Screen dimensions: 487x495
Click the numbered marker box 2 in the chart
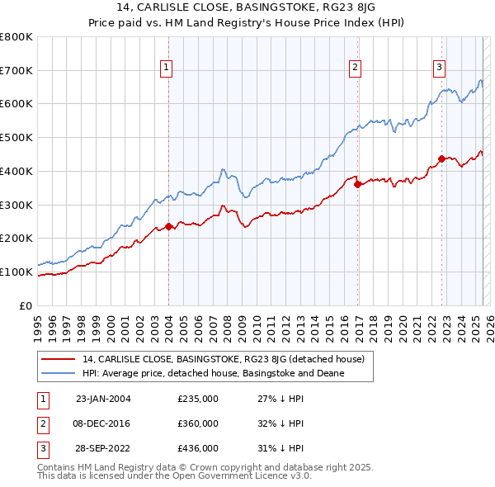[356, 68]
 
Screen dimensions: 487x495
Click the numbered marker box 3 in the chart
[440, 68]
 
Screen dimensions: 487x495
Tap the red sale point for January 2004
[168, 226]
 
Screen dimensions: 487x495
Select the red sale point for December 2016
[357, 185]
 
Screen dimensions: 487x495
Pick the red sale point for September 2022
[441, 158]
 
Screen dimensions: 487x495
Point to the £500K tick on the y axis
[16, 137]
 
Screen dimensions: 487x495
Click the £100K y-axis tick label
[16, 272]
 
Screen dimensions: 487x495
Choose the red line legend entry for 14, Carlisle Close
[229, 359]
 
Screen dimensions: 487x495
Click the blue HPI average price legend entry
[213, 374]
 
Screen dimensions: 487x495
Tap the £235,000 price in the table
[198, 399]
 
